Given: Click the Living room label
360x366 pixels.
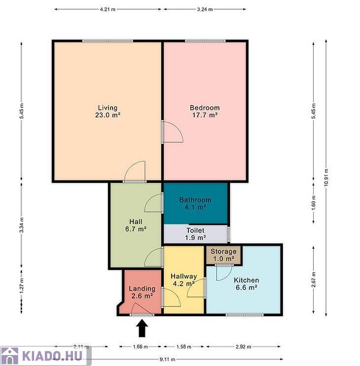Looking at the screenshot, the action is (108, 111).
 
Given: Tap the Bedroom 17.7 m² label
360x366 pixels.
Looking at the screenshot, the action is (205, 111).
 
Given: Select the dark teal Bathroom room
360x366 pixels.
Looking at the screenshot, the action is (196, 203).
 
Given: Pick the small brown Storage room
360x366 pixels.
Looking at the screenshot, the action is (223, 255).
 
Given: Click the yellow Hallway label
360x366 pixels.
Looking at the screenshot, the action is (184, 280).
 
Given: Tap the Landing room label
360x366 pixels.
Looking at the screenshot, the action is (142, 292).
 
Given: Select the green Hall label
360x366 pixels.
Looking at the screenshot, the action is (136, 225).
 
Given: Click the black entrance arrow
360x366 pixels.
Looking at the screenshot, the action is (142, 328).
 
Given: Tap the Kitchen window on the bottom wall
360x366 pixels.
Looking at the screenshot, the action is (245, 315).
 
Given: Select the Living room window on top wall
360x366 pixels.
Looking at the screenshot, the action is (108, 41).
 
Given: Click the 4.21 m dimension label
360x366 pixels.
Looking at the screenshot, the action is (108, 9).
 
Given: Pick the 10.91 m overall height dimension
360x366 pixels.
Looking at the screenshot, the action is (326, 177).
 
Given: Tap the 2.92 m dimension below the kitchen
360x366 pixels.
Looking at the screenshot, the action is (244, 347).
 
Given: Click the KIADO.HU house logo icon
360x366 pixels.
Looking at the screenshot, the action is (9, 356).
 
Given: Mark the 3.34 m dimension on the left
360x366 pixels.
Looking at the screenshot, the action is (22, 225).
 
